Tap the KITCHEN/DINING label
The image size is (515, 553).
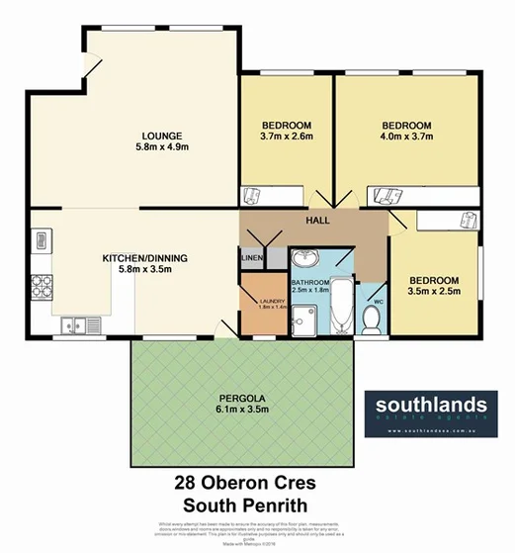[144, 258]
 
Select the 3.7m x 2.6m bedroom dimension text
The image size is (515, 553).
[287, 137]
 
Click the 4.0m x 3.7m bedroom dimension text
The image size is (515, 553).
[407, 137]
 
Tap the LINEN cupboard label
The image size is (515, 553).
[251, 259]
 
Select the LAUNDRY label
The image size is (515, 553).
[272, 302]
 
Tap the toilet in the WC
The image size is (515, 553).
[373, 320]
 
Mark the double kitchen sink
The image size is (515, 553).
[76, 323]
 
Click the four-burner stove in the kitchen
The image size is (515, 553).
[42, 287]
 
